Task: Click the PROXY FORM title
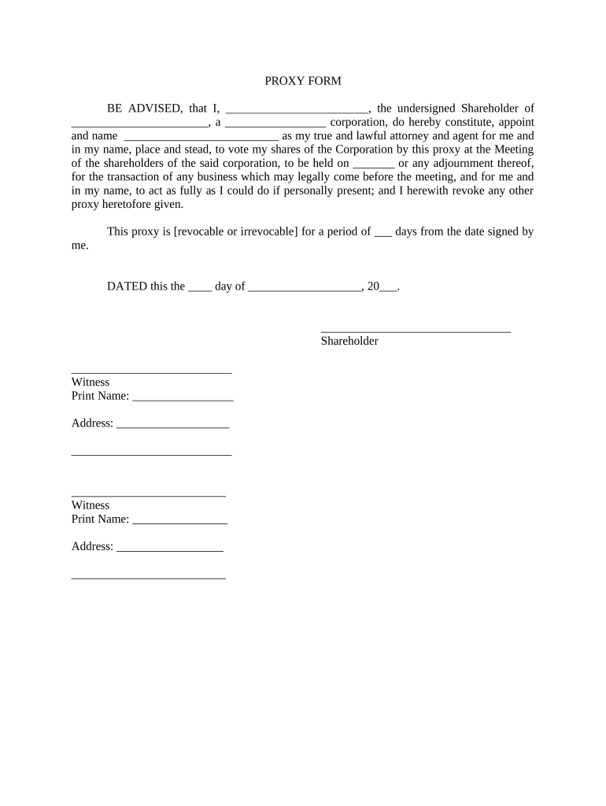(302, 81)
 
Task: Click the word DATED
(127, 287)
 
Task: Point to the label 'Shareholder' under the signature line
(349, 341)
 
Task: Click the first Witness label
(91, 383)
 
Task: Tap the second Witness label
(91, 505)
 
